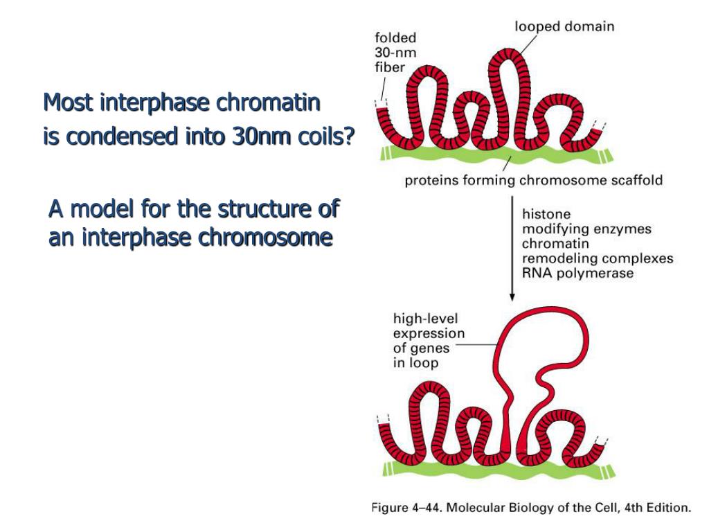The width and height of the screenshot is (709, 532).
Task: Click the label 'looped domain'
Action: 564,27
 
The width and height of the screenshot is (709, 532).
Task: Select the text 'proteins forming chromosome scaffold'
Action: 534,181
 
